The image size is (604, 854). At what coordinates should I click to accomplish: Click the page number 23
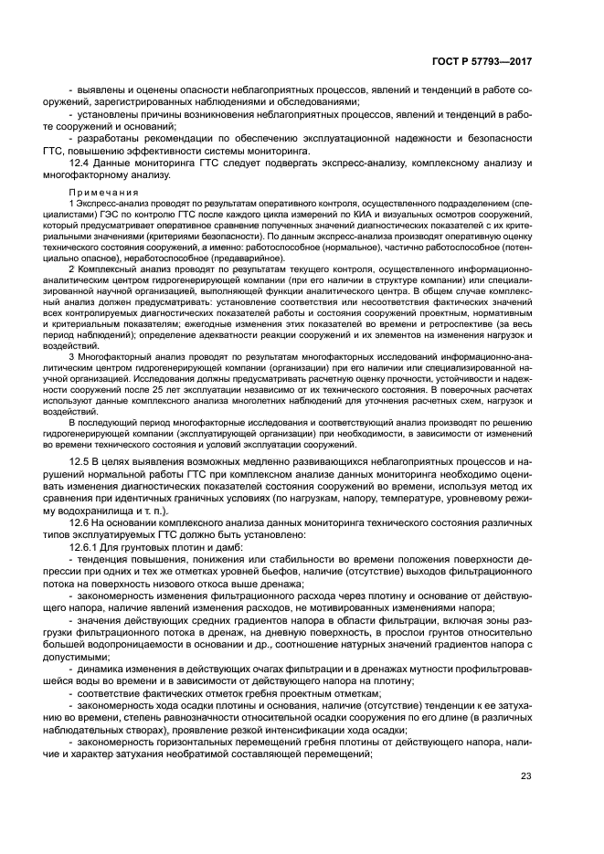(x=526, y=776)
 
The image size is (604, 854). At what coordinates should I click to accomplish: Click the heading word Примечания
(x=103, y=193)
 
